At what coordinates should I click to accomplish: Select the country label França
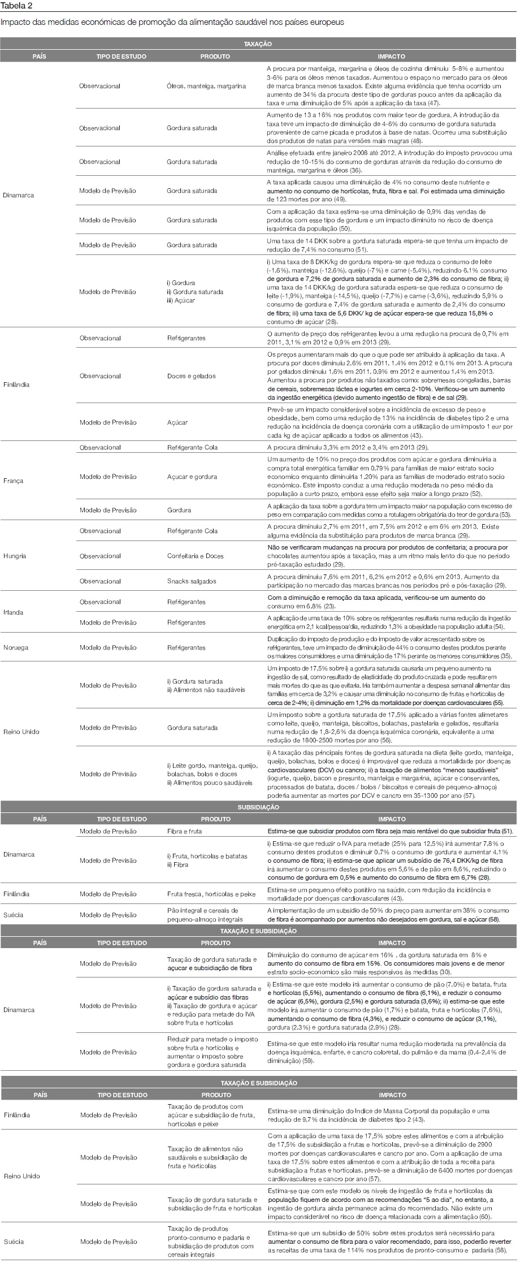(14, 481)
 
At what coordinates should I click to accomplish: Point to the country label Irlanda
(14, 612)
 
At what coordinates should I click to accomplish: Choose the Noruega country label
(15, 647)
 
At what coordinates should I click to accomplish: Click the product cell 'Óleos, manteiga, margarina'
(206, 86)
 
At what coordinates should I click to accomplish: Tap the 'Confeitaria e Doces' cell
(195, 556)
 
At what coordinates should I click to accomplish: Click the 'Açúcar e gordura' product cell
(192, 477)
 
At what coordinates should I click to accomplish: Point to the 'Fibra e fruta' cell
(184, 831)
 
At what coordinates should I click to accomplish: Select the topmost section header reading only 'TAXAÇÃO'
(258, 44)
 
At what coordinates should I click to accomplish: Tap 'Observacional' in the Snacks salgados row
(100, 581)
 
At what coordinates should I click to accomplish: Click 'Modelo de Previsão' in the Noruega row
(108, 647)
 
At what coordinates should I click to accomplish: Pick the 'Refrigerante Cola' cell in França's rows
(192, 447)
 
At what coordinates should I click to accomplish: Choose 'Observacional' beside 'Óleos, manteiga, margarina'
(100, 86)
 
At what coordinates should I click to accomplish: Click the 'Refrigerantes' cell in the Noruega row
(187, 647)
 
